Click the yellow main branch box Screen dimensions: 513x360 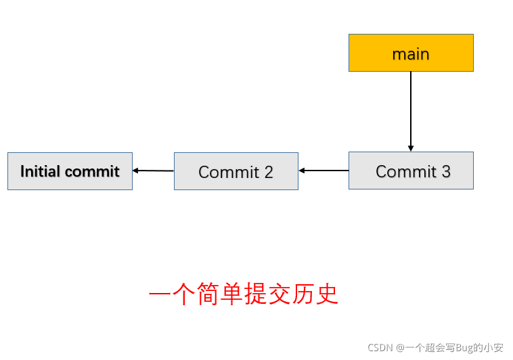[x=411, y=53]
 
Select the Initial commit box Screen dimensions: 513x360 [x=70, y=171]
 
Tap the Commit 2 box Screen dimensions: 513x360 [x=236, y=171]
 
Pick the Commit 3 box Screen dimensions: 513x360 [x=411, y=171]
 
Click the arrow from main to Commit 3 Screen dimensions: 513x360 [x=411, y=111]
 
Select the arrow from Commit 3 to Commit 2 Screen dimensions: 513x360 [x=324, y=171]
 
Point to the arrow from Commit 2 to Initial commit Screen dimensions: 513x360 [x=153, y=171]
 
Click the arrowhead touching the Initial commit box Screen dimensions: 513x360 [x=135, y=171]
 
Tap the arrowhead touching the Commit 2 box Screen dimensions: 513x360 [x=302, y=171]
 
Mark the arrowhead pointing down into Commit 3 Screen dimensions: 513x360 [x=411, y=149]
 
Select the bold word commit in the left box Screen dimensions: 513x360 [x=92, y=171]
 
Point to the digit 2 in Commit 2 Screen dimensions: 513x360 [x=269, y=172]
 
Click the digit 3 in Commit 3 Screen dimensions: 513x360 [x=446, y=171]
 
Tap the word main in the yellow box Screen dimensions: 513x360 [x=411, y=54]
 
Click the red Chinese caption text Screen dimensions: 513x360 [x=244, y=294]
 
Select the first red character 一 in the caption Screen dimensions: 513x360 [x=160, y=294]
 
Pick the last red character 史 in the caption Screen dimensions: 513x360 [x=327, y=294]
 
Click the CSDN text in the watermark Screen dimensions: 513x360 [x=380, y=348]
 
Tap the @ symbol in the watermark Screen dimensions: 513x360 [x=400, y=348]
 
